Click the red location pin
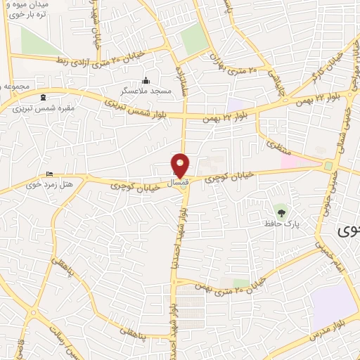[181, 166]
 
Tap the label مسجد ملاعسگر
[146, 91]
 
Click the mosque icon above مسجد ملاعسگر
[146, 79]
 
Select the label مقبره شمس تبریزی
[41, 109]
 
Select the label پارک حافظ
[278, 223]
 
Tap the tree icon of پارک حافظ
[281, 211]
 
